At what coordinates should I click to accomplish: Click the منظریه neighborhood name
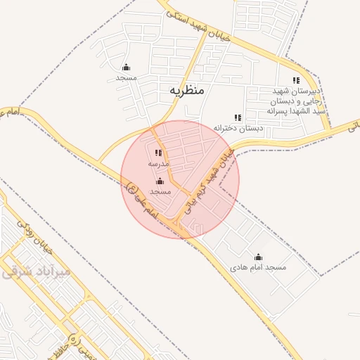pos(186,91)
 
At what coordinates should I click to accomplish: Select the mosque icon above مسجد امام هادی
pos(258,257)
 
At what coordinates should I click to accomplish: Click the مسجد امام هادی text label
pos(258,268)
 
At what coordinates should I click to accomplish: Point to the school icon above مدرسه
pos(158,153)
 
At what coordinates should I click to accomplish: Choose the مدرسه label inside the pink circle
pos(158,163)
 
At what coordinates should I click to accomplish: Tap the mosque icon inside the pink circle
pos(160,181)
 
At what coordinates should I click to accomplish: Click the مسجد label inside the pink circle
pos(160,191)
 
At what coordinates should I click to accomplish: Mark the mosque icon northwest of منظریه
pos(126,67)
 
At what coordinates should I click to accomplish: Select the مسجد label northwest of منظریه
pos(126,77)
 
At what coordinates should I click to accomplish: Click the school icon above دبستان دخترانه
pos(238,117)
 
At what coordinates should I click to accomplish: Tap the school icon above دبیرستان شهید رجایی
pos(296,80)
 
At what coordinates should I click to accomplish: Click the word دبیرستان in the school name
pos(307,91)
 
